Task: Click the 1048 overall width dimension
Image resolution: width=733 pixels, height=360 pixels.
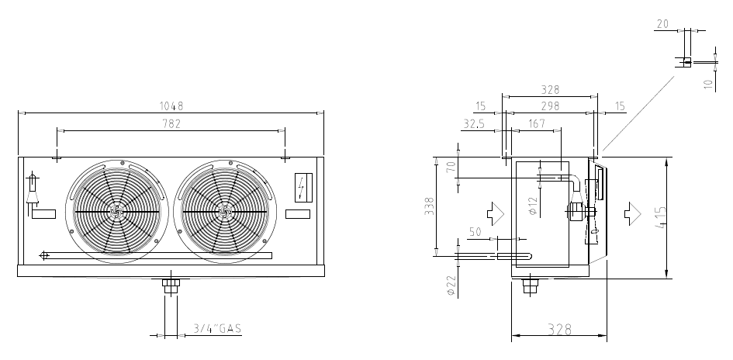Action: click(x=171, y=106)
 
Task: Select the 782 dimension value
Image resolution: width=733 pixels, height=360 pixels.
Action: click(x=171, y=124)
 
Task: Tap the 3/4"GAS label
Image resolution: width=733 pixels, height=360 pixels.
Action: click(x=218, y=329)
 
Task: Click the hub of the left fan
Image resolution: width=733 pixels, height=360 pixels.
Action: click(x=116, y=212)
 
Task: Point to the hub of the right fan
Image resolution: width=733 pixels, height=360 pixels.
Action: click(x=225, y=212)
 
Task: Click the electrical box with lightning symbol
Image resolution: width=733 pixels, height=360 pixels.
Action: click(x=303, y=188)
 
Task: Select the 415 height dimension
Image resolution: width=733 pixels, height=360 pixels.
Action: click(x=661, y=217)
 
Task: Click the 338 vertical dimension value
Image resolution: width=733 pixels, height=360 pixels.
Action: click(x=429, y=206)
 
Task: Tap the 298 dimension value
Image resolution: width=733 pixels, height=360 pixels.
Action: click(x=550, y=106)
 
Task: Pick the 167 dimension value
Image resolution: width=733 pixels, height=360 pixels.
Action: click(x=537, y=123)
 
